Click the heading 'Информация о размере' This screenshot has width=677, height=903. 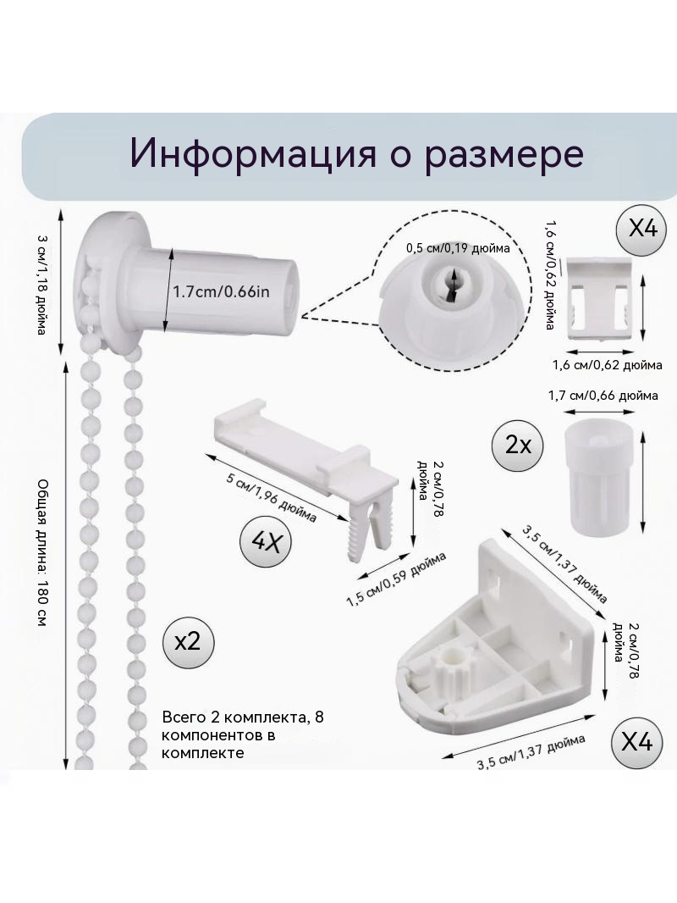point(356,154)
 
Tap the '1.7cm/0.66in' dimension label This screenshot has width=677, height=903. point(222,291)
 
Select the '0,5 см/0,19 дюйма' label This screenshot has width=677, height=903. point(458,248)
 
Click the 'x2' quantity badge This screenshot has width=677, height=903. point(188,641)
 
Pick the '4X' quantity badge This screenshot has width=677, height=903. point(265,541)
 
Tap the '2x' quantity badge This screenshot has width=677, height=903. point(518,446)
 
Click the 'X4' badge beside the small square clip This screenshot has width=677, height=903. point(641,230)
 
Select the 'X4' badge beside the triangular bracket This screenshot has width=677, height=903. point(636,742)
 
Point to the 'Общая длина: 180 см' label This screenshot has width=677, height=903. point(42,553)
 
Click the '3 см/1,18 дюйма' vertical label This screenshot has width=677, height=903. point(41,285)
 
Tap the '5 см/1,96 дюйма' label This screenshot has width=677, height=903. point(271,498)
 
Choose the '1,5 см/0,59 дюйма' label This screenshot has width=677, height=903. point(396,579)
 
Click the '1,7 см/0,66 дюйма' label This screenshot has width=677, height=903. point(603,396)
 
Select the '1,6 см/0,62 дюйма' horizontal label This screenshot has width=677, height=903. point(607,365)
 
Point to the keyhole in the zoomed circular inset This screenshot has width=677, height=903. point(450,284)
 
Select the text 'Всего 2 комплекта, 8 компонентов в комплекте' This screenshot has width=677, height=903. point(243,734)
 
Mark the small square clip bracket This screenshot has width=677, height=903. point(599,299)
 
